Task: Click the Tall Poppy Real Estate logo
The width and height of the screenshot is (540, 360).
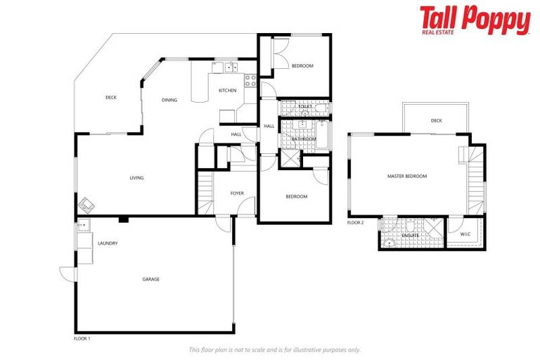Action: click(x=475, y=20)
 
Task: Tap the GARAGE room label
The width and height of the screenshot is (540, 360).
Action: click(x=151, y=279)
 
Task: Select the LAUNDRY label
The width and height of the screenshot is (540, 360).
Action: click(x=108, y=243)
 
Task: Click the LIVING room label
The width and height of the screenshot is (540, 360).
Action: click(x=136, y=178)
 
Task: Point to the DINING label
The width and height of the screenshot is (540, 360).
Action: click(x=169, y=100)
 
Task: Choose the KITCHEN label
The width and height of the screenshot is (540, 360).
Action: click(x=228, y=91)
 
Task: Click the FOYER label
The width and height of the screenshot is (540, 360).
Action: click(x=237, y=193)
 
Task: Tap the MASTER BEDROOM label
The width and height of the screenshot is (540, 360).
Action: click(x=407, y=176)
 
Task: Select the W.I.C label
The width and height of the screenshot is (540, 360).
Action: click(x=465, y=233)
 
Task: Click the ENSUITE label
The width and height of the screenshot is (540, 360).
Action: click(x=411, y=235)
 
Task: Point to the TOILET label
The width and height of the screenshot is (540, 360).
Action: click(x=305, y=107)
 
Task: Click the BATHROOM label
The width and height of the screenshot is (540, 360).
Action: click(x=304, y=139)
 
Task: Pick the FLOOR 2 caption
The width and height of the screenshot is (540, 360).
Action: click(x=356, y=222)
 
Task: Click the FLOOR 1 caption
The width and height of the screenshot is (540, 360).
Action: click(x=82, y=339)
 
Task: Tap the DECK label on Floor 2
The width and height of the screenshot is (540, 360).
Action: click(x=437, y=121)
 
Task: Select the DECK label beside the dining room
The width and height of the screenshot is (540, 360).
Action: click(x=111, y=98)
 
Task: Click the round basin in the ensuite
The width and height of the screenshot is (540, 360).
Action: click(x=389, y=244)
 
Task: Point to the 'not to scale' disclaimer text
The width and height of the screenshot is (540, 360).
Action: click(x=275, y=349)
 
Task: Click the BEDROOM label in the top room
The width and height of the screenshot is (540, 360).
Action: click(x=302, y=66)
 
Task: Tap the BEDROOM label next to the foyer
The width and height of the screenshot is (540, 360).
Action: click(x=296, y=196)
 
